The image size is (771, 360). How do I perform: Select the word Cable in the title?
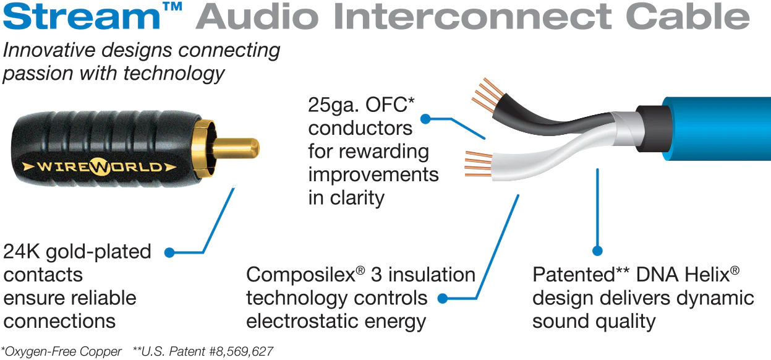coord(696,17)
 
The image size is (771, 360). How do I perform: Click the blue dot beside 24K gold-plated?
coord(169,252)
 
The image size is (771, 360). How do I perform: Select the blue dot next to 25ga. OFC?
coord(425,118)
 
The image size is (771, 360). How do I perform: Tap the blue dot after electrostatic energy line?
coord(443,299)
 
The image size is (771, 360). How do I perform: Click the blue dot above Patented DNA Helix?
coord(597,251)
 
